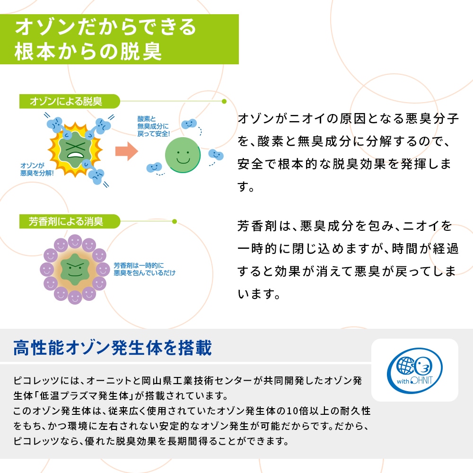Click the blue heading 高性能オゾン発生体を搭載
pyautogui.click(x=113, y=349)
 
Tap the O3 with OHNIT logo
pyautogui.click(x=415, y=370)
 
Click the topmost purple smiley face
pyautogui.click(x=75, y=242)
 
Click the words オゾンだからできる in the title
pyautogui.click(x=105, y=27)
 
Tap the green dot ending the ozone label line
pyautogui.click(x=224, y=101)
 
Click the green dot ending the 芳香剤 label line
pyautogui.click(x=175, y=221)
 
